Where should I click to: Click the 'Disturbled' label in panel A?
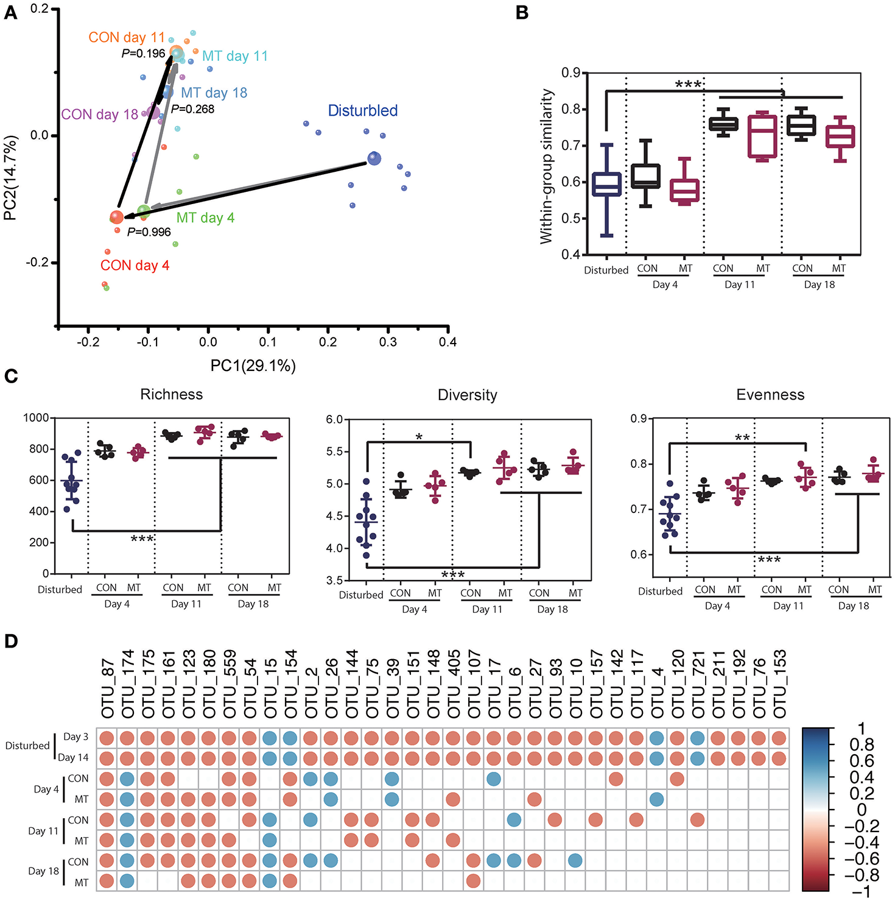pos(363,111)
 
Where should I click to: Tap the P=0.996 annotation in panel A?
pos(149,232)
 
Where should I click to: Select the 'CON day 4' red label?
pos(135,266)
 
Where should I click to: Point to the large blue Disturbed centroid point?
pos(374,159)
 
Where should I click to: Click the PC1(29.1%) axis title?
pos(253,366)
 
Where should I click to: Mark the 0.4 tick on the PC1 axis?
pos(447,342)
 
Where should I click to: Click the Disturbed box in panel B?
pos(606,184)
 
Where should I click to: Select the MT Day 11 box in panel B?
pos(762,135)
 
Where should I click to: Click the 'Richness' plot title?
pos(171,395)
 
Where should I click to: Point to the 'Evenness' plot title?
pos(770,395)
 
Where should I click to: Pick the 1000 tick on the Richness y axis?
pos(36,418)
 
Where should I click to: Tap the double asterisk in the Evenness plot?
pos(742,439)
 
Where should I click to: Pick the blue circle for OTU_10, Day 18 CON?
pos(575,861)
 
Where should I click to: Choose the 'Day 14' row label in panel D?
pos(73,758)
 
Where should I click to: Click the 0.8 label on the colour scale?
pos(862,745)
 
